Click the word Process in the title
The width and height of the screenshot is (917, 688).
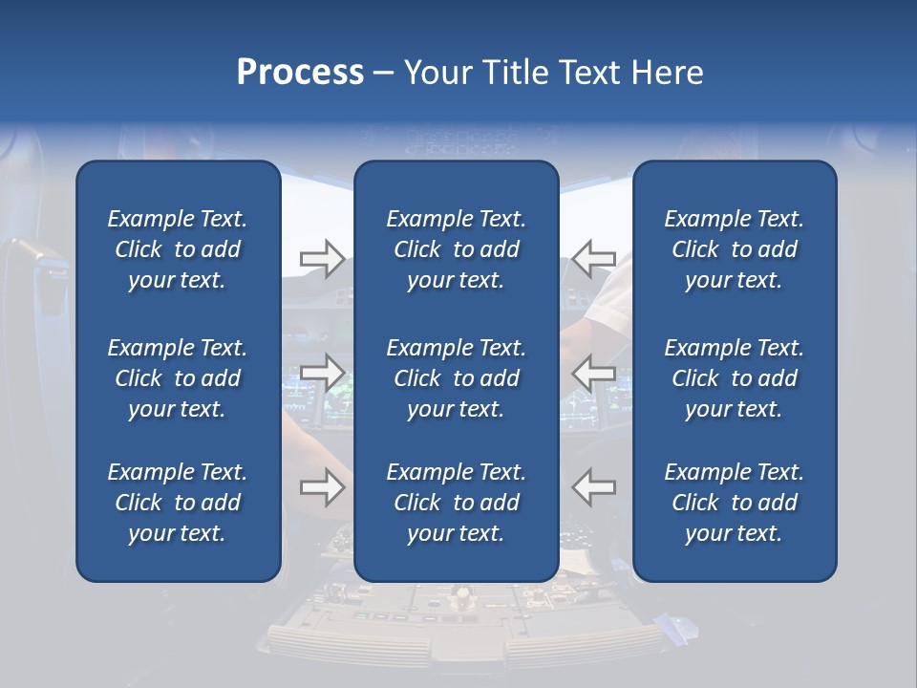(x=300, y=73)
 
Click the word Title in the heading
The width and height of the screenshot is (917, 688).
(x=514, y=73)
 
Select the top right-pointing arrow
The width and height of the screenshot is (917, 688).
(x=322, y=259)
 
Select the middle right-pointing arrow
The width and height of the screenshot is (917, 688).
(x=322, y=373)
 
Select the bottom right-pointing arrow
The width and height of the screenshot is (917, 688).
(x=322, y=487)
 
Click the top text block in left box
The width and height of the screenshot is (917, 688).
(x=178, y=249)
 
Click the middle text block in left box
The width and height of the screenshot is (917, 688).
(x=178, y=378)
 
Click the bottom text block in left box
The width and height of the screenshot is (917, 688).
(x=178, y=503)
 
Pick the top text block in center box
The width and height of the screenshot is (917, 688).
(x=457, y=249)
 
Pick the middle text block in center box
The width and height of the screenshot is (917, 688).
(x=457, y=378)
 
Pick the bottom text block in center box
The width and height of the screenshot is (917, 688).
(x=457, y=503)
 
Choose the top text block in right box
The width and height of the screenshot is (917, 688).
(x=735, y=249)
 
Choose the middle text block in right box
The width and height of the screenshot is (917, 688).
(x=735, y=378)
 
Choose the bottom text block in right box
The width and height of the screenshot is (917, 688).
(x=735, y=503)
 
